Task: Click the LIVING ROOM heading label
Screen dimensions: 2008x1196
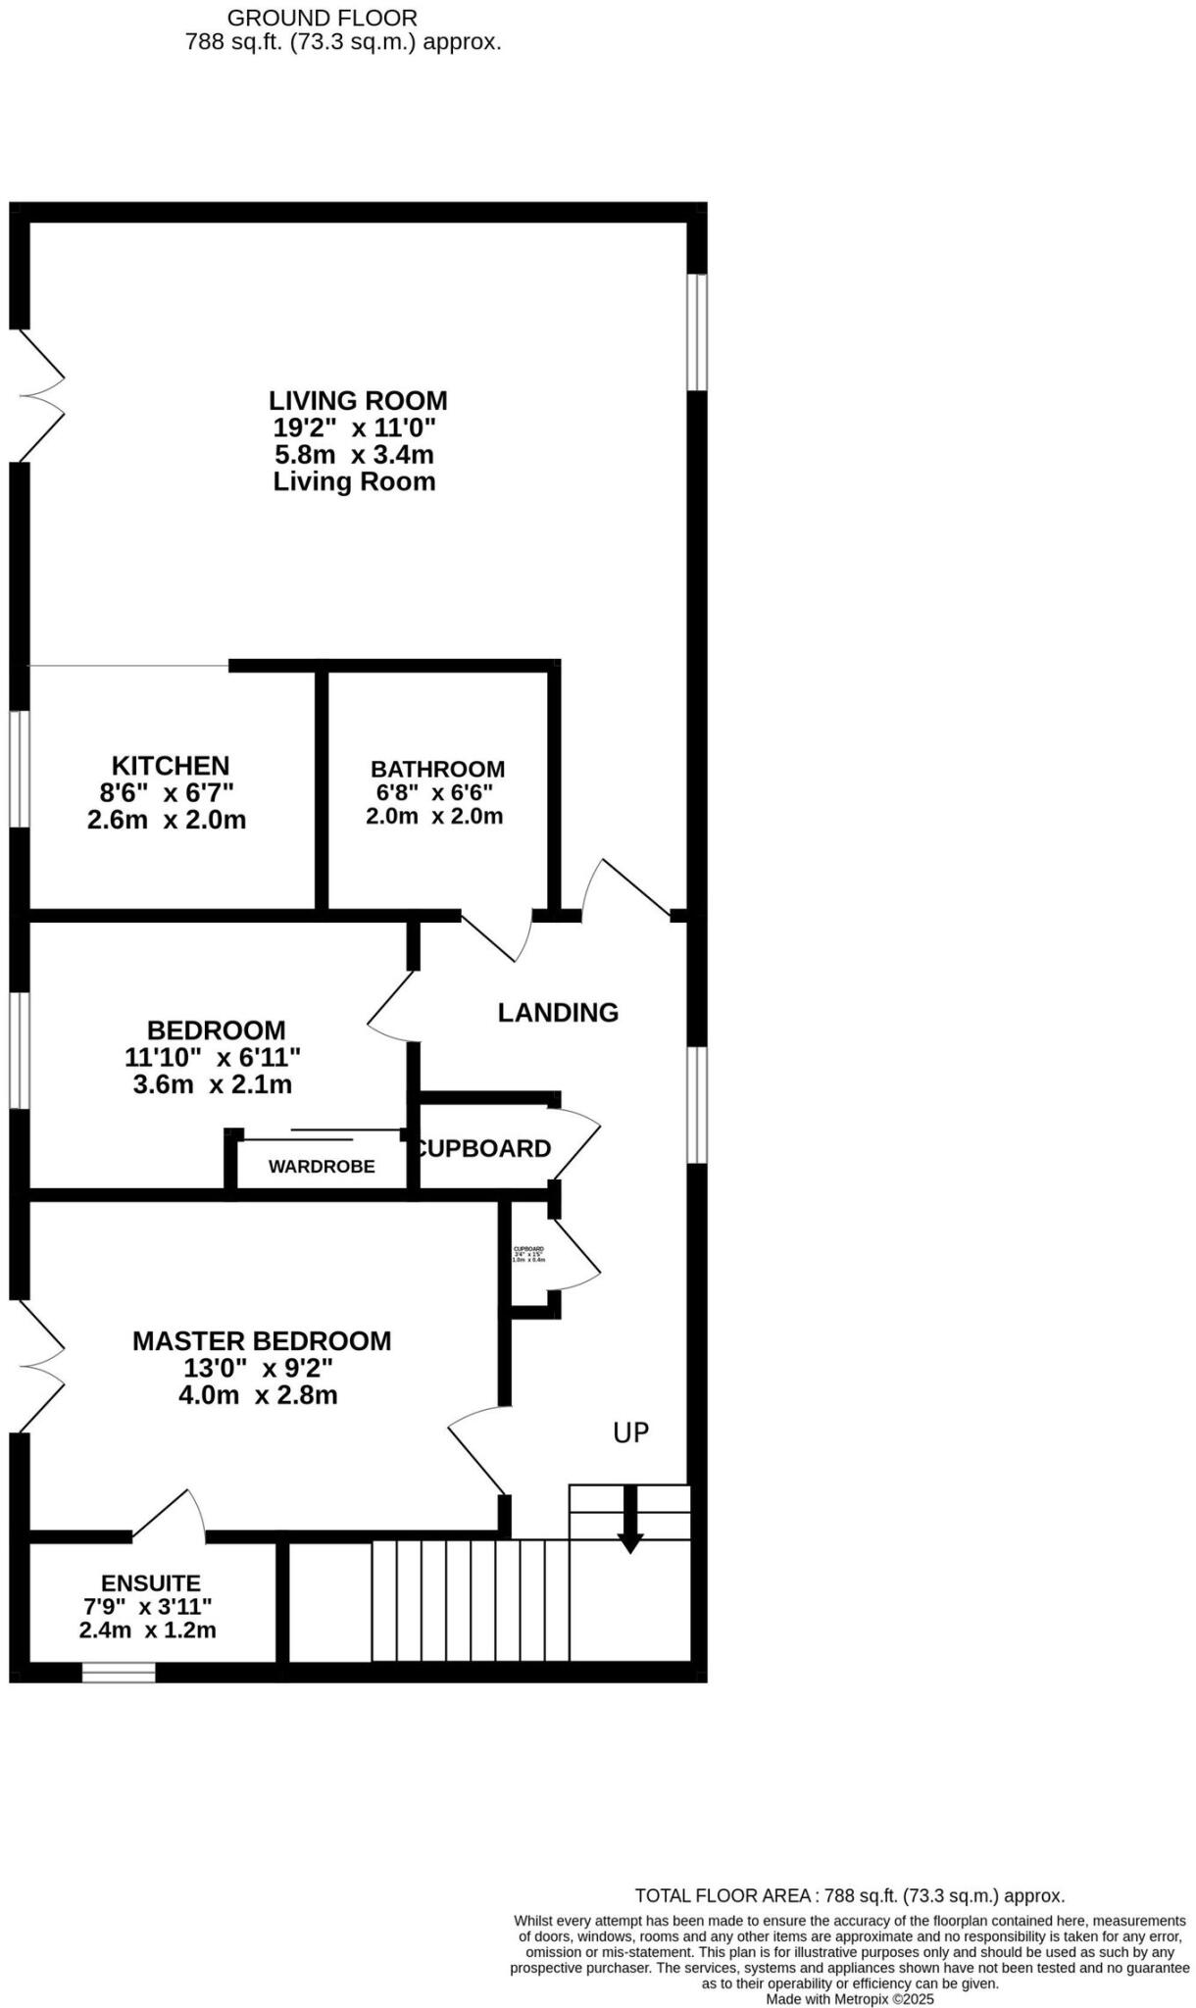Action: coord(358,400)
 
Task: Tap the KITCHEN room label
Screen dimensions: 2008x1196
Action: coord(171,765)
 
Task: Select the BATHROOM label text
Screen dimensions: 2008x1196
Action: coord(437,769)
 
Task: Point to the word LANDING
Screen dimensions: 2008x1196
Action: coord(558,1012)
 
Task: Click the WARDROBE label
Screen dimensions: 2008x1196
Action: coord(322,1167)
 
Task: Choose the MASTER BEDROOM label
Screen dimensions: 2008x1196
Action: coord(262,1340)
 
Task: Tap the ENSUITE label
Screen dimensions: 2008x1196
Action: coord(151,1582)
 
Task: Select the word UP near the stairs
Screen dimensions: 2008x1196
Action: coord(630,1432)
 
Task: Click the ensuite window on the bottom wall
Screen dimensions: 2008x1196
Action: coord(119,1672)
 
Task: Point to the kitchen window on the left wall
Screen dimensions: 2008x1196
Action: coord(19,769)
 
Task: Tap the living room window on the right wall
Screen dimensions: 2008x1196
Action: coord(696,331)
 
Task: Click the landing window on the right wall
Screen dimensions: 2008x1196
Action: coord(696,1104)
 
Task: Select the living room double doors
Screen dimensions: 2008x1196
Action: coord(39,395)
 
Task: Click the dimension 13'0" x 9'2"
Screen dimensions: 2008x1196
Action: coord(258,1368)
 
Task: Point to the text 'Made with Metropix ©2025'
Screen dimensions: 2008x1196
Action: coord(849,1998)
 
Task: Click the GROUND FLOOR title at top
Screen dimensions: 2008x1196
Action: coord(322,18)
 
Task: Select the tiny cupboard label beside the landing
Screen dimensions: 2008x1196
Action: coord(528,1253)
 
